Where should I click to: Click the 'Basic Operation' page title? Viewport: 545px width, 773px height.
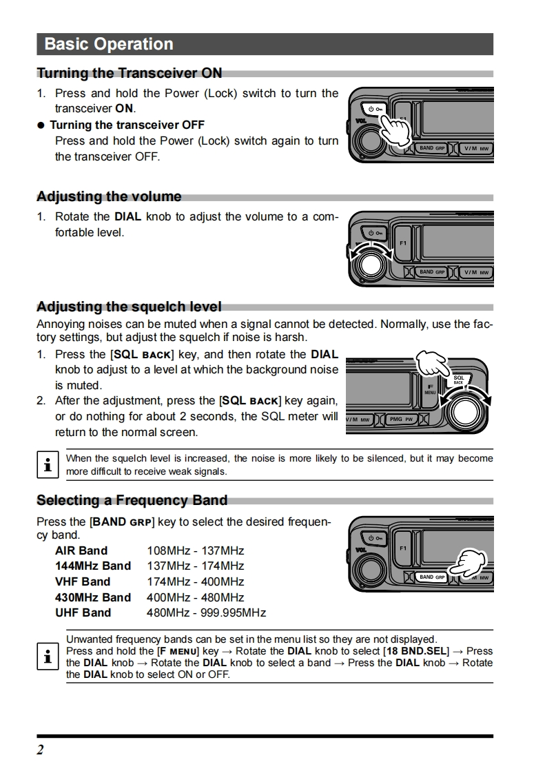(x=108, y=44)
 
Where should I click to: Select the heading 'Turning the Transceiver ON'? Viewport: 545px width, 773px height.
(x=129, y=73)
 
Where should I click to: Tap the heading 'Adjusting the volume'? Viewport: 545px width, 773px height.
(x=109, y=196)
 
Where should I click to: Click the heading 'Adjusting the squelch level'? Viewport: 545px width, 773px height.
(x=129, y=307)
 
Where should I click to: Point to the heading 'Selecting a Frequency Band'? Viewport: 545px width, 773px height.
(x=132, y=500)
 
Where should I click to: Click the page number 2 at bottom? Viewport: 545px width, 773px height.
(x=40, y=750)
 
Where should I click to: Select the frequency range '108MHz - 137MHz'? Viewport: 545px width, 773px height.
(x=196, y=550)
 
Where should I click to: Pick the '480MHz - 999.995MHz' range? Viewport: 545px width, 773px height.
(x=206, y=612)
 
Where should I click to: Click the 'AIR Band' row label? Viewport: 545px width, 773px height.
(x=81, y=550)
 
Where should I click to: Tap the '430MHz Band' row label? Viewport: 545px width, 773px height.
(x=92, y=597)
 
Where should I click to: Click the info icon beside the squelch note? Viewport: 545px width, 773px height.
(x=46, y=465)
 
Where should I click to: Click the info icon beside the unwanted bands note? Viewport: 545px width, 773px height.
(x=46, y=656)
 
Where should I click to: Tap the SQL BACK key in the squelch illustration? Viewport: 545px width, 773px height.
(x=458, y=380)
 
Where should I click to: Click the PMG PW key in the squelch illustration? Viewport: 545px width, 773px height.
(x=400, y=419)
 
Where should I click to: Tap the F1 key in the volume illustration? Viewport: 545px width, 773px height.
(x=404, y=243)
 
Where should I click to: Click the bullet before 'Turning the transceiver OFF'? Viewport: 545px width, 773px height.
(x=41, y=125)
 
